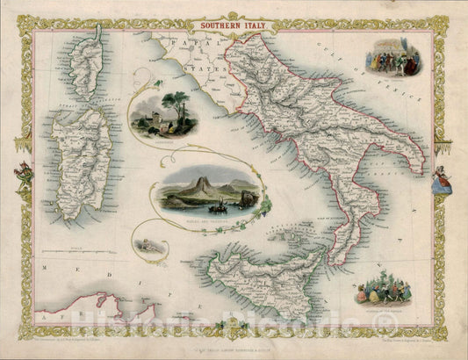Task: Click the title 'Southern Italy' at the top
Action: click(x=233, y=25)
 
